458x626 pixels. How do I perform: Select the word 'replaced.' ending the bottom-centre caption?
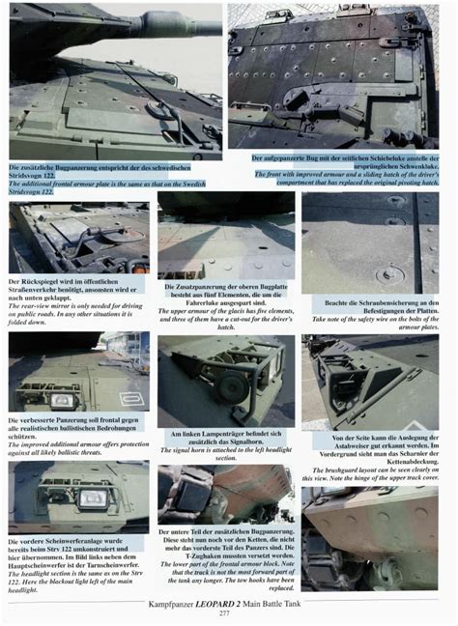[225, 587]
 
